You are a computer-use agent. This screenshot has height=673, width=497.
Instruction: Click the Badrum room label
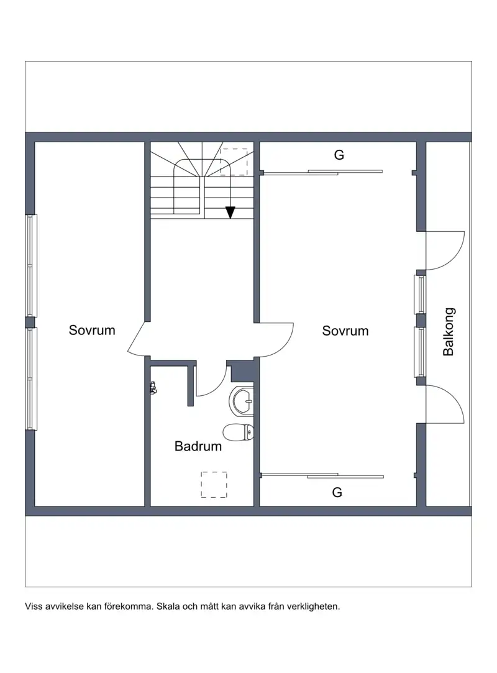[198, 446]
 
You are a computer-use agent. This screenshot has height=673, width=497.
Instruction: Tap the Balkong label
[448, 332]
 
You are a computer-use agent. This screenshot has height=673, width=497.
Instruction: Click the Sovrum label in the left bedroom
[92, 330]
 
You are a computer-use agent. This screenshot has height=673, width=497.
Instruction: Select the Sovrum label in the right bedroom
[345, 331]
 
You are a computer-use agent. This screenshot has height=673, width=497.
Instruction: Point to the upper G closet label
[339, 155]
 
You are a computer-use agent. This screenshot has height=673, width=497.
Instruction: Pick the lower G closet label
[337, 492]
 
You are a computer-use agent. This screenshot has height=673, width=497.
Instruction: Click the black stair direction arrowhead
[230, 213]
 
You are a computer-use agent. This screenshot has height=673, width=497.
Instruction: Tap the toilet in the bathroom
[238, 433]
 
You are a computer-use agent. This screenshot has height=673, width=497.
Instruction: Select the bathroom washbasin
[244, 401]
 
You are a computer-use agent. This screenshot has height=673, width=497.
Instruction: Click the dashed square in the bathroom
[214, 485]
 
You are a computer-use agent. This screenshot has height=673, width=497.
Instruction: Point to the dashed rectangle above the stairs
[234, 162]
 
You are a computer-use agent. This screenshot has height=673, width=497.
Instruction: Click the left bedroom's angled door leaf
[137, 338]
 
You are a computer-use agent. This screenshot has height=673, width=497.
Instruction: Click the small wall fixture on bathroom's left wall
[153, 388]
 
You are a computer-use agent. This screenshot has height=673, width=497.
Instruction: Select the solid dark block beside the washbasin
[242, 372]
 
